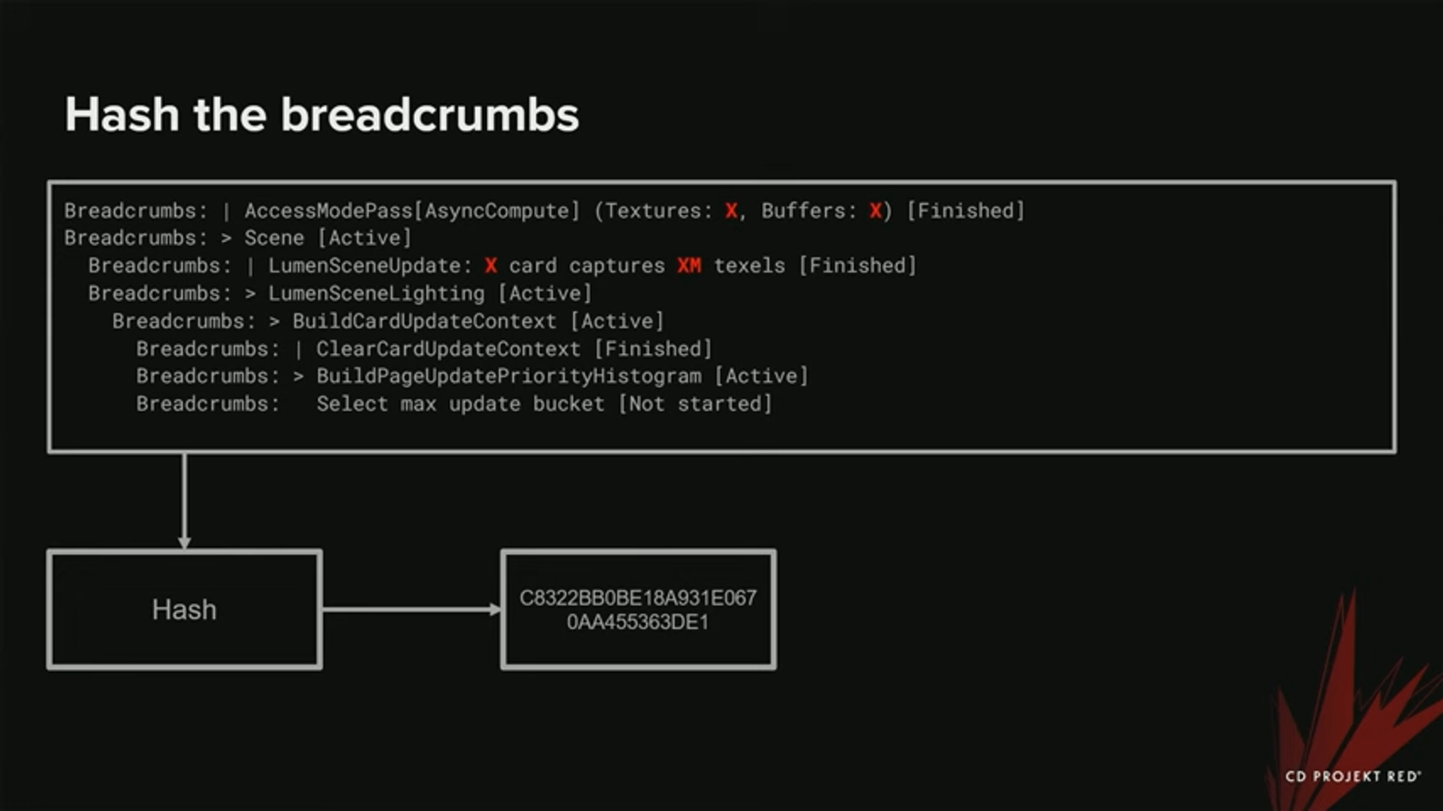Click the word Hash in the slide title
click(x=122, y=115)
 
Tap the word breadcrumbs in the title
click(x=430, y=115)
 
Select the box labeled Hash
click(x=184, y=609)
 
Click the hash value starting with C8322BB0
click(x=638, y=598)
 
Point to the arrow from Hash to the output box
click(x=412, y=609)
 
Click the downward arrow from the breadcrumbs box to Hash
click(x=184, y=501)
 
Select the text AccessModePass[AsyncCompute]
click(x=412, y=211)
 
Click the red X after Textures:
click(x=731, y=211)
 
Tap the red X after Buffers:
click(x=875, y=211)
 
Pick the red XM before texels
click(x=689, y=266)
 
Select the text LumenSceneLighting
click(x=376, y=294)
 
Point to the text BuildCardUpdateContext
click(x=424, y=322)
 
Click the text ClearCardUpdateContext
click(x=448, y=349)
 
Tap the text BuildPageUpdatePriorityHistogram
click(x=508, y=376)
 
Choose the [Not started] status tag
click(x=695, y=404)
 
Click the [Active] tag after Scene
click(x=365, y=238)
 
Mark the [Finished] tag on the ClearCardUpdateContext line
click(x=653, y=349)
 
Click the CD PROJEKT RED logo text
click(x=1352, y=776)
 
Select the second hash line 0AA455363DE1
click(x=638, y=623)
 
